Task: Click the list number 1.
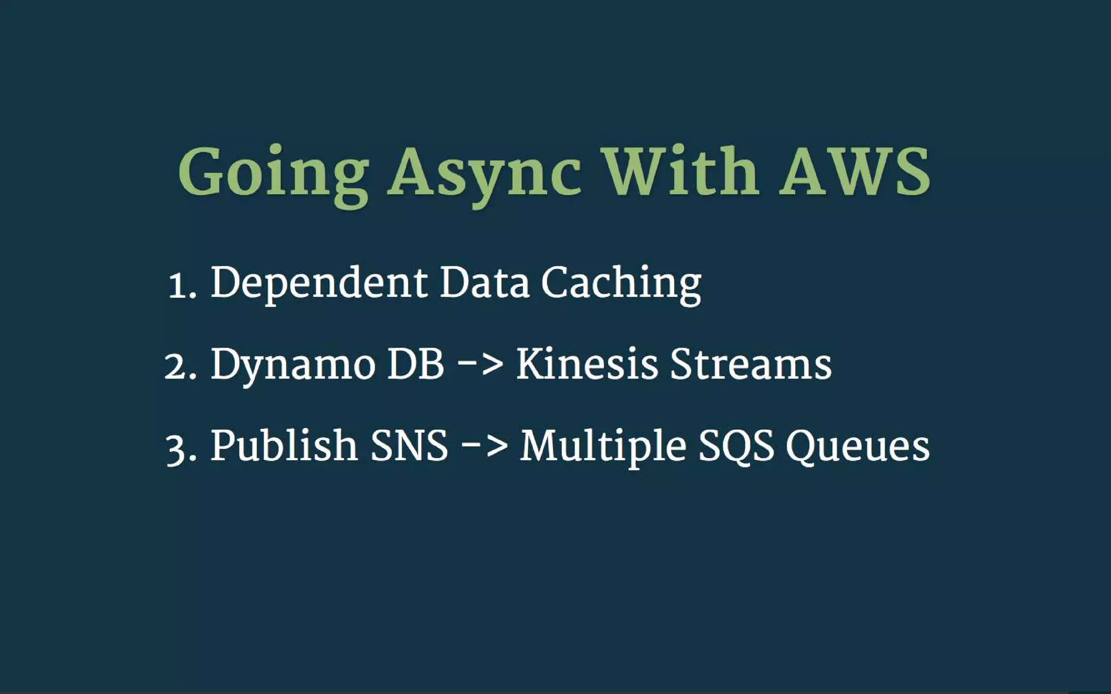[x=179, y=285]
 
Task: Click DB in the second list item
[x=416, y=364]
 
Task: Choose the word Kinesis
[x=586, y=364]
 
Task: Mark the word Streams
[x=751, y=364]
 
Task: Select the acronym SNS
[x=410, y=446]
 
